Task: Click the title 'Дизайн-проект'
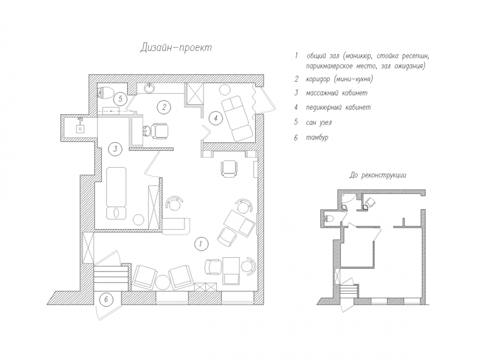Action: click(x=176, y=48)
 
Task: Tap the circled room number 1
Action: click(x=201, y=244)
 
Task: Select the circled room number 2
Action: click(x=164, y=107)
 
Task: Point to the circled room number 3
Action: click(x=116, y=149)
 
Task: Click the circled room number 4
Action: click(x=216, y=118)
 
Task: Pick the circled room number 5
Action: click(x=120, y=99)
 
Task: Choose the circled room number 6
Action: click(x=106, y=299)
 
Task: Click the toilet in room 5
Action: click(x=105, y=92)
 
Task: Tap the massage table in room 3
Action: click(x=116, y=193)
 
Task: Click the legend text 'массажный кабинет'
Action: click(x=337, y=93)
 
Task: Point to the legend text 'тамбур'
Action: click(x=317, y=138)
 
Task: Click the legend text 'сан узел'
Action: click(x=319, y=123)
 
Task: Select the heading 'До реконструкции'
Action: click(x=378, y=176)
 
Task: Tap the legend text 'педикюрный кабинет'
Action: click(x=338, y=108)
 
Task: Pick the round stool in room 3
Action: click(x=138, y=220)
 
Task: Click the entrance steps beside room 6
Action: click(x=111, y=278)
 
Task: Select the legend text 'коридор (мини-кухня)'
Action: click(x=339, y=79)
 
